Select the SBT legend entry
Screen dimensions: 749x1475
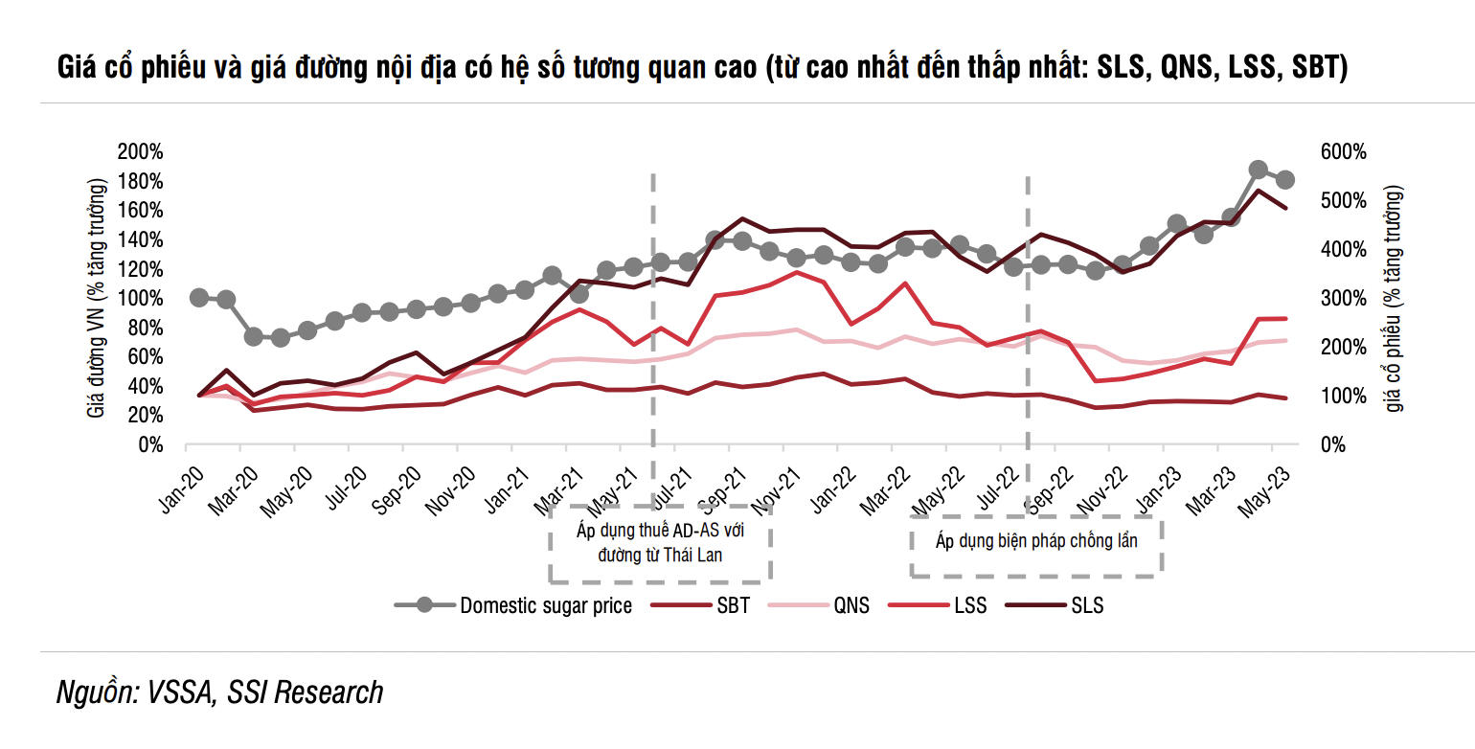(x=733, y=605)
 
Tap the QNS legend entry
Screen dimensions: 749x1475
(x=851, y=605)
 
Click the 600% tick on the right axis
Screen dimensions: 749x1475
(x=1340, y=152)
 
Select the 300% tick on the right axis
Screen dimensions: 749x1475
(x=1340, y=299)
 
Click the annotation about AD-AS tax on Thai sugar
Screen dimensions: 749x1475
(x=661, y=542)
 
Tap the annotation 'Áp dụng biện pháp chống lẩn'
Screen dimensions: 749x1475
(x=1036, y=540)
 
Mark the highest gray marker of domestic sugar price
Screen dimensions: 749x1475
(x=1259, y=170)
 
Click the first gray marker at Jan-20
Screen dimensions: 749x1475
(x=199, y=298)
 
